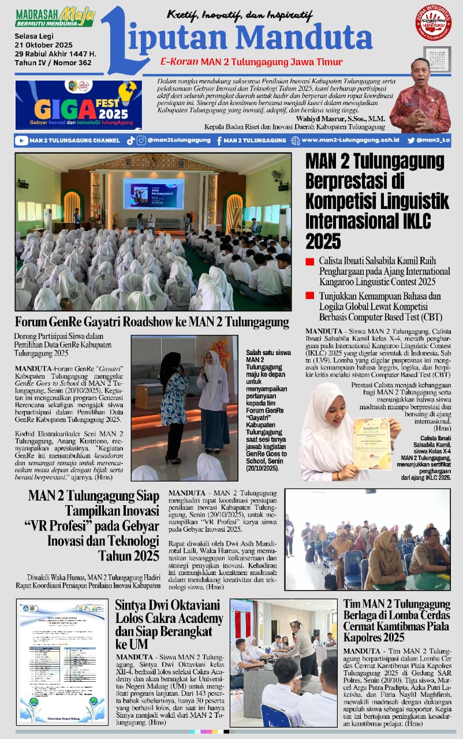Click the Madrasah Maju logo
pyautogui.click(x=55, y=17)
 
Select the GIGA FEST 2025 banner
pyautogui.click(x=79, y=104)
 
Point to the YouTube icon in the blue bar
pyautogui.click(x=21, y=140)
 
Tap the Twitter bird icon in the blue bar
pyautogui.click(x=411, y=140)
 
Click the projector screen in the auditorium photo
pyautogui.click(x=153, y=193)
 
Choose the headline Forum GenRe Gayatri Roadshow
pyautogui.click(x=152, y=321)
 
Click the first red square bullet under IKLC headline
pyautogui.click(x=310, y=261)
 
